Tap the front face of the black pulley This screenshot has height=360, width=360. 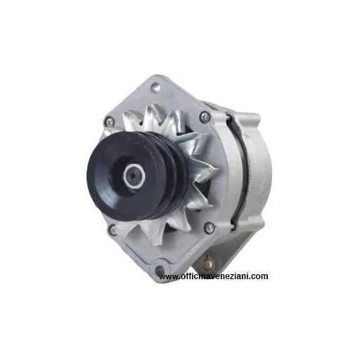pos(122,176)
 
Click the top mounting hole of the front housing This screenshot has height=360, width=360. pos(155,87)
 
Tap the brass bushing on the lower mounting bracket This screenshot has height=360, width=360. pos(207,263)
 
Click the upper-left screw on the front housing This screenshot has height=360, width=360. pos(110,122)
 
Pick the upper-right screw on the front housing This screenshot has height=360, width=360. pos(205,117)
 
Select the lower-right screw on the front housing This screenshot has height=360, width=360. pos(209,227)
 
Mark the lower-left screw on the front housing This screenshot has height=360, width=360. pos(112,230)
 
